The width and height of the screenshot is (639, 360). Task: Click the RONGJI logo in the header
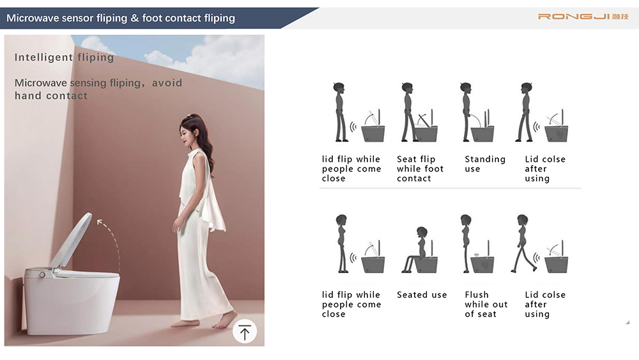(x=583, y=17)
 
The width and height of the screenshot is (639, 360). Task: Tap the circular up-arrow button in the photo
(x=245, y=331)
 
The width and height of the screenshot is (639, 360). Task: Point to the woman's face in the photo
(x=186, y=134)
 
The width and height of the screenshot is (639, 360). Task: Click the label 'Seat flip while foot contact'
(x=420, y=168)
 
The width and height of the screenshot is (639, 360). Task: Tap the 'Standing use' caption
(x=485, y=164)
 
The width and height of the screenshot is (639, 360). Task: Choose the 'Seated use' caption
(x=422, y=294)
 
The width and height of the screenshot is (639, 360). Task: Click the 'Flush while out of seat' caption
(x=486, y=304)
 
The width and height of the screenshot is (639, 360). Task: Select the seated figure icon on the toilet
(x=416, y=250)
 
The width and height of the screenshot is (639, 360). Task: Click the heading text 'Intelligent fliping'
(x=65, y=58)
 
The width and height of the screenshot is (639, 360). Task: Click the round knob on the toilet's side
(x=42, y=275)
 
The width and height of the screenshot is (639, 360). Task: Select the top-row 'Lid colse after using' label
(x=545, y=168)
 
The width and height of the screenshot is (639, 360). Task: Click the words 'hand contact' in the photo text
(x=51, y=96)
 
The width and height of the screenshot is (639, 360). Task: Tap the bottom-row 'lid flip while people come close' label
(x=351, y=304)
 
